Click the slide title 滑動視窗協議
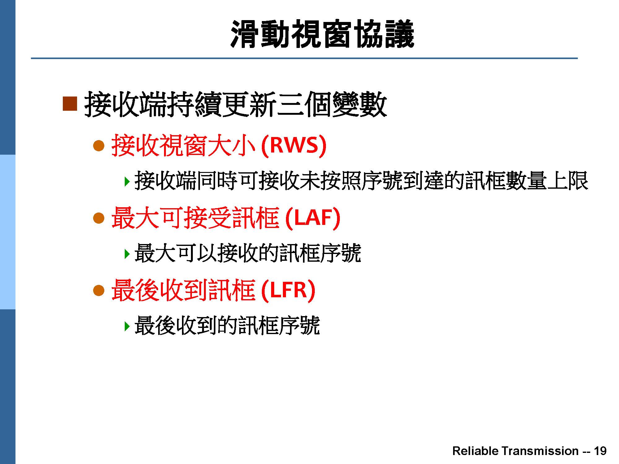pyautogui.click(x=322, y=34)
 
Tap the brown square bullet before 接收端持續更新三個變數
pyautogui.click(x=70, y=104)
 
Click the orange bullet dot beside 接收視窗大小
pyautogui.click(x=99, y=146)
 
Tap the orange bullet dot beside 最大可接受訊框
pyautogui.click(x=99, y=218)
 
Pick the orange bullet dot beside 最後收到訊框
pyautogui.click(x=99, y=290)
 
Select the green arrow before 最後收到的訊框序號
pyautogui.click(x=126, y=326)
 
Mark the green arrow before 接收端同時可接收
pyautogui.click(x=126, y=182)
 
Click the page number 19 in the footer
pyautogui.click(x=600, y=451)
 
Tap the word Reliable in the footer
pyautogui.click(x=475, y=451)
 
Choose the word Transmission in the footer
pyautogui.click(x=539, y=451)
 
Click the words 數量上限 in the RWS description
pyautogui.click(x=547, y=181)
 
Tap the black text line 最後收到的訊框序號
pyautogui.click(x=227, y=325)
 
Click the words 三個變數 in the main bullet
pyautogui.click(x=331, y=105)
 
